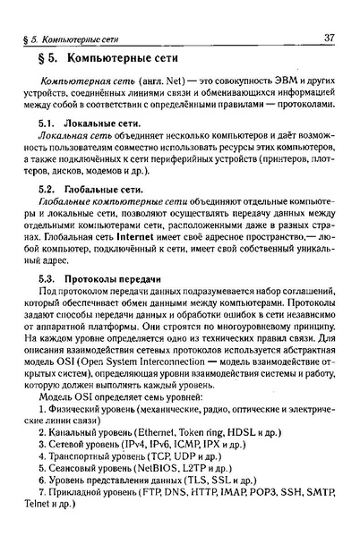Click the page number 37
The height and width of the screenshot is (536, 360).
coord(329,37)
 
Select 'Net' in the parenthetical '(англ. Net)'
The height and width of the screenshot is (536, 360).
coord(146,82)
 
